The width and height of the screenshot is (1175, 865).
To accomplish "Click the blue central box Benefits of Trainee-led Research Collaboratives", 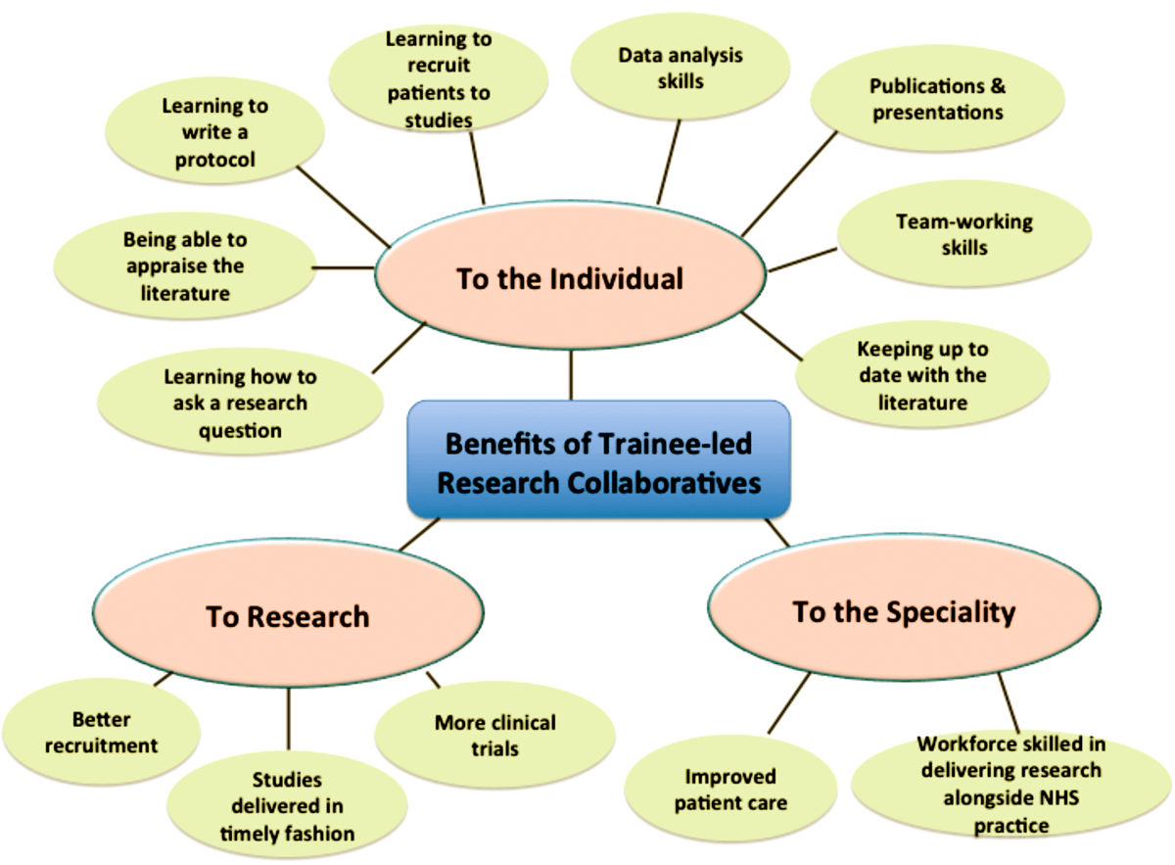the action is point(598,459).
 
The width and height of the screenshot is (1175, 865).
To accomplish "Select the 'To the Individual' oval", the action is point(570,275).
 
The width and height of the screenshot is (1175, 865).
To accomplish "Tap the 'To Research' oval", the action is point(288,612).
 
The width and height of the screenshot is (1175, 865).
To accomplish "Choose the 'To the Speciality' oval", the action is point(904,607).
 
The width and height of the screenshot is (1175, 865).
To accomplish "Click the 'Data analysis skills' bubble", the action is point(681,68).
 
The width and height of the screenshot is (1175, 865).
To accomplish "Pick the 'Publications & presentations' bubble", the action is point(937,99).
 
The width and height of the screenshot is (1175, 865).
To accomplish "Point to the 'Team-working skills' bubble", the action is point(964,234).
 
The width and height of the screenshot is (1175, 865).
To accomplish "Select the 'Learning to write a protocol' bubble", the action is point(214,131).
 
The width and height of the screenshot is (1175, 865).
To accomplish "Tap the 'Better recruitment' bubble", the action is point(101,732).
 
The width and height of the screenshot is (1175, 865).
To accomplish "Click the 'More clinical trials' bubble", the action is point(494,735).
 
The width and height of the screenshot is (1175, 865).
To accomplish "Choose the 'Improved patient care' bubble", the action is point(730,789).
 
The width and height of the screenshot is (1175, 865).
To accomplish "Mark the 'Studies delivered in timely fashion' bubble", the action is point(288,805).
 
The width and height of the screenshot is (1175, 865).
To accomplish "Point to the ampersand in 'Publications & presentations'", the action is point(998,85).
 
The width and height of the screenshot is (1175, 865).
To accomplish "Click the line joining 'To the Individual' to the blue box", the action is point(571,375).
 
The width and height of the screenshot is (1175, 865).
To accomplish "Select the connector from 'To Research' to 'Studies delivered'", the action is point(288,719).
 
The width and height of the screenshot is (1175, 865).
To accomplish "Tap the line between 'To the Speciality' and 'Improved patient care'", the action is point(789,703).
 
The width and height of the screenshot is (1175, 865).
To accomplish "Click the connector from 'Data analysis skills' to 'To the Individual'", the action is point(668,163).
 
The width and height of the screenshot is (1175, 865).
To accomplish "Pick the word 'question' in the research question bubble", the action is point(240,431).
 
